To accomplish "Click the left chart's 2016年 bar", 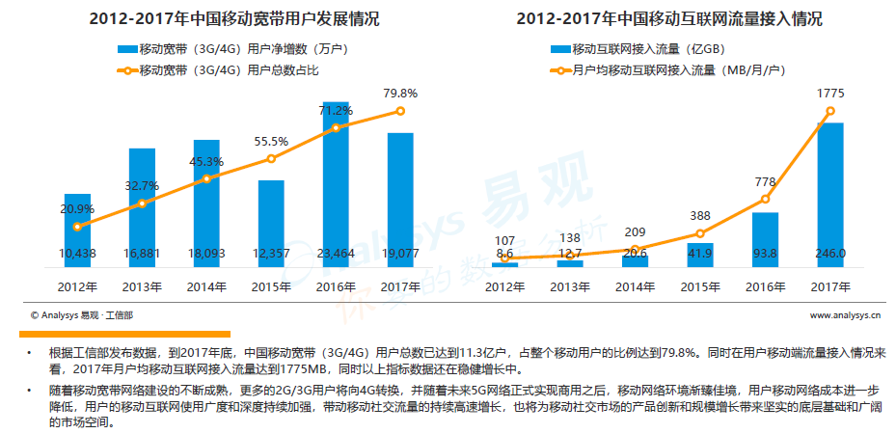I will tap(336, 183).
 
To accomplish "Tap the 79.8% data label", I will tap(400, 94).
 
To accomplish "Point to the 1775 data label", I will tap(830, 94).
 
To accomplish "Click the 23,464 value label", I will tap(336, 254).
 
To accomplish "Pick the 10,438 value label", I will tap(77, 254).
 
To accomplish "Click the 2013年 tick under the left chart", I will tap(142, 286).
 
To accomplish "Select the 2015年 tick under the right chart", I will tap(700, 286).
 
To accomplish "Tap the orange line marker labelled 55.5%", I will tap(271, 159).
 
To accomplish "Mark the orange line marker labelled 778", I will tap(765, 200).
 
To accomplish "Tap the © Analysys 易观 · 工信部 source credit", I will tap(82, 314).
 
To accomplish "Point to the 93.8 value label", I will tap(765, 254).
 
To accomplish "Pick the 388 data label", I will tap(700, 216).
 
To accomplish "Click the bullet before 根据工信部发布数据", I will tap(30, 353).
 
